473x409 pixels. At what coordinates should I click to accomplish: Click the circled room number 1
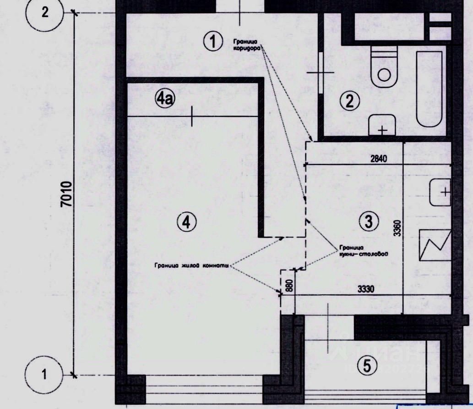click(x=212, y=42)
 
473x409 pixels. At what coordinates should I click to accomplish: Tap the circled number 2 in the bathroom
click(x=350, y=101)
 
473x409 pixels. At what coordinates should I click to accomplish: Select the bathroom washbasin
click(x=382, y=125)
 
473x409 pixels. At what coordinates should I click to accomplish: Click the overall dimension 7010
click(x=66, y=194)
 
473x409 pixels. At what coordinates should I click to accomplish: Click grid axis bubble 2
click(x=45, y=13)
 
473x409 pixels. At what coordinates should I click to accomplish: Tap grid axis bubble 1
click(x=44, y=374)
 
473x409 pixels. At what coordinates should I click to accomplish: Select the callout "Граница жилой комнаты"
click(x=191, y=265)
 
